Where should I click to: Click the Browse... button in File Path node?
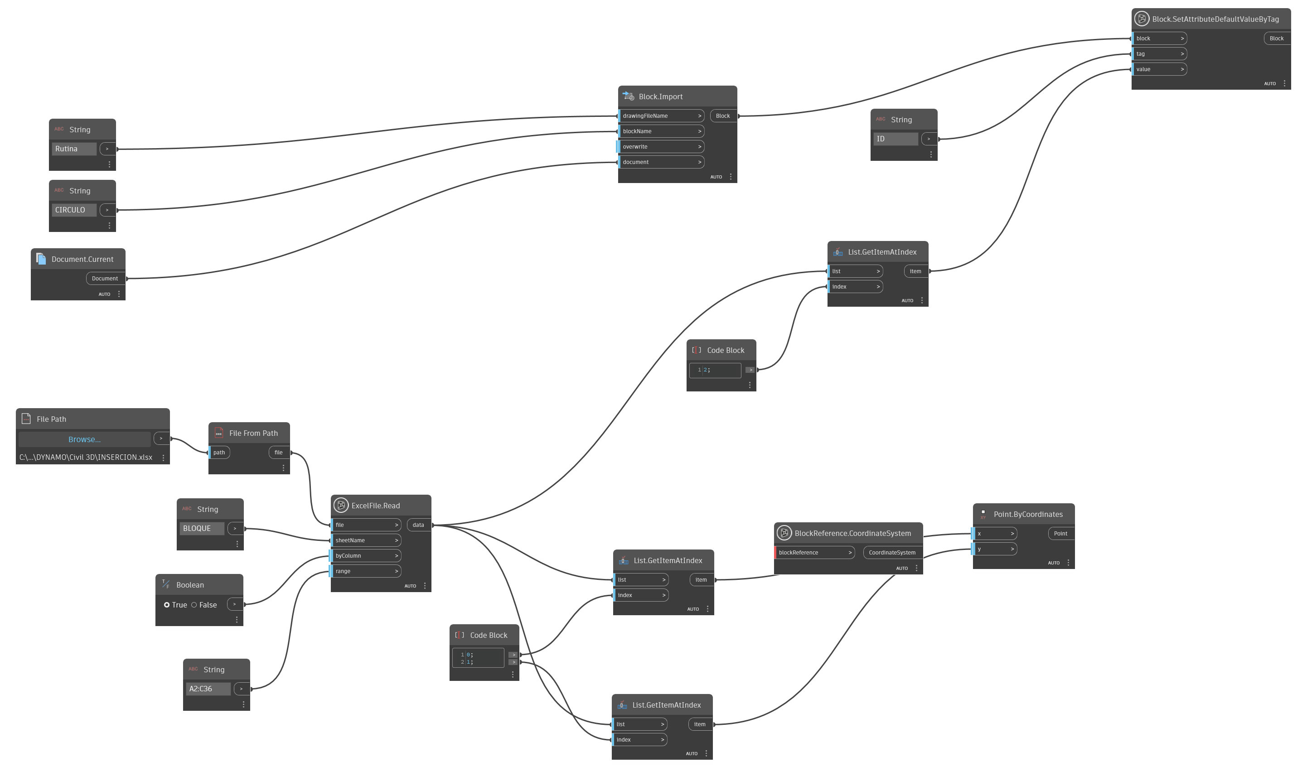pos(84,439)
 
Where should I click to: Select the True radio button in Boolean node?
pos(167,605)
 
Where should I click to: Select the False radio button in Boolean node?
pos(194,605)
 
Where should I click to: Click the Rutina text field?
pos(74,149)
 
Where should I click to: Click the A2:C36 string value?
pos(208,689)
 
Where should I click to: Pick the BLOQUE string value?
pos(201,528)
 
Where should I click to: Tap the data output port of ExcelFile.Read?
pos(418,525)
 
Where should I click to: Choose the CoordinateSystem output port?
pos(892,553)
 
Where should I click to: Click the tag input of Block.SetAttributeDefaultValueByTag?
pos(1160,53)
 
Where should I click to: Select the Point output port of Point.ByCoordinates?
pos(1060,534)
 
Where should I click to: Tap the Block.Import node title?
pos(661,97)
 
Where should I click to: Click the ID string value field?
pos(895,139)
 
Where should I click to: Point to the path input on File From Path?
pos(219,453)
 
